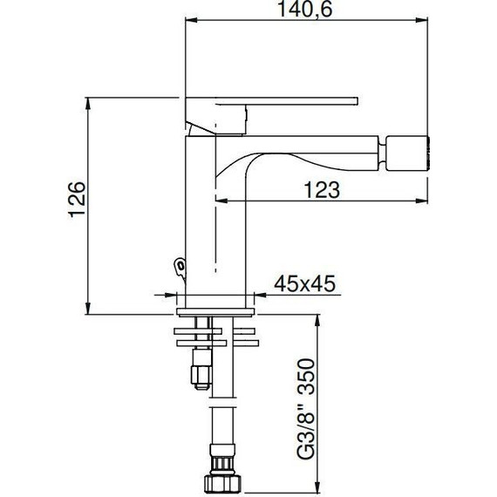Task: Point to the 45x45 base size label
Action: point(304,283)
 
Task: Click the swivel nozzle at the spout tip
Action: point(409,154)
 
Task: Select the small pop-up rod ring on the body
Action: point(179,264)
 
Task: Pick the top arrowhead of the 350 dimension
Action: point(315,320)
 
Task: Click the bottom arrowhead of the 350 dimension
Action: point(315,486)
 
